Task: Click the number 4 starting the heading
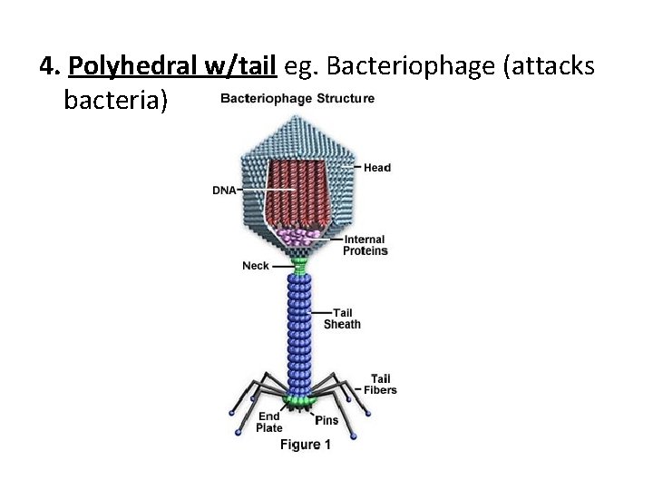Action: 48,66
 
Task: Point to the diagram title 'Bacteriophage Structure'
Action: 297,98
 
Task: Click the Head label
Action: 377,168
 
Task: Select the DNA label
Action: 224,191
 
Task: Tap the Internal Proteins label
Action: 365,245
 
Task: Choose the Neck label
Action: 256,266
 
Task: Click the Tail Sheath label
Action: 342,318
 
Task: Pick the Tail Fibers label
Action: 381,384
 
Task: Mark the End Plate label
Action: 269,422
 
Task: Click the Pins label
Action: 326,420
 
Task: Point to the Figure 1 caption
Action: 306,445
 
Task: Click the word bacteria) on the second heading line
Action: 116,99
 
